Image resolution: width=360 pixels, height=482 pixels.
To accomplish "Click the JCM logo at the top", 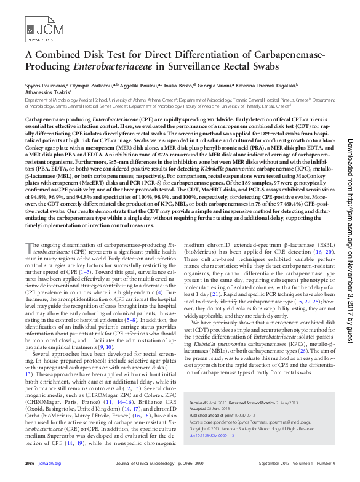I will point(38,28).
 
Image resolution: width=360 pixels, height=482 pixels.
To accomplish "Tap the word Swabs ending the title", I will point(262,66).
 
